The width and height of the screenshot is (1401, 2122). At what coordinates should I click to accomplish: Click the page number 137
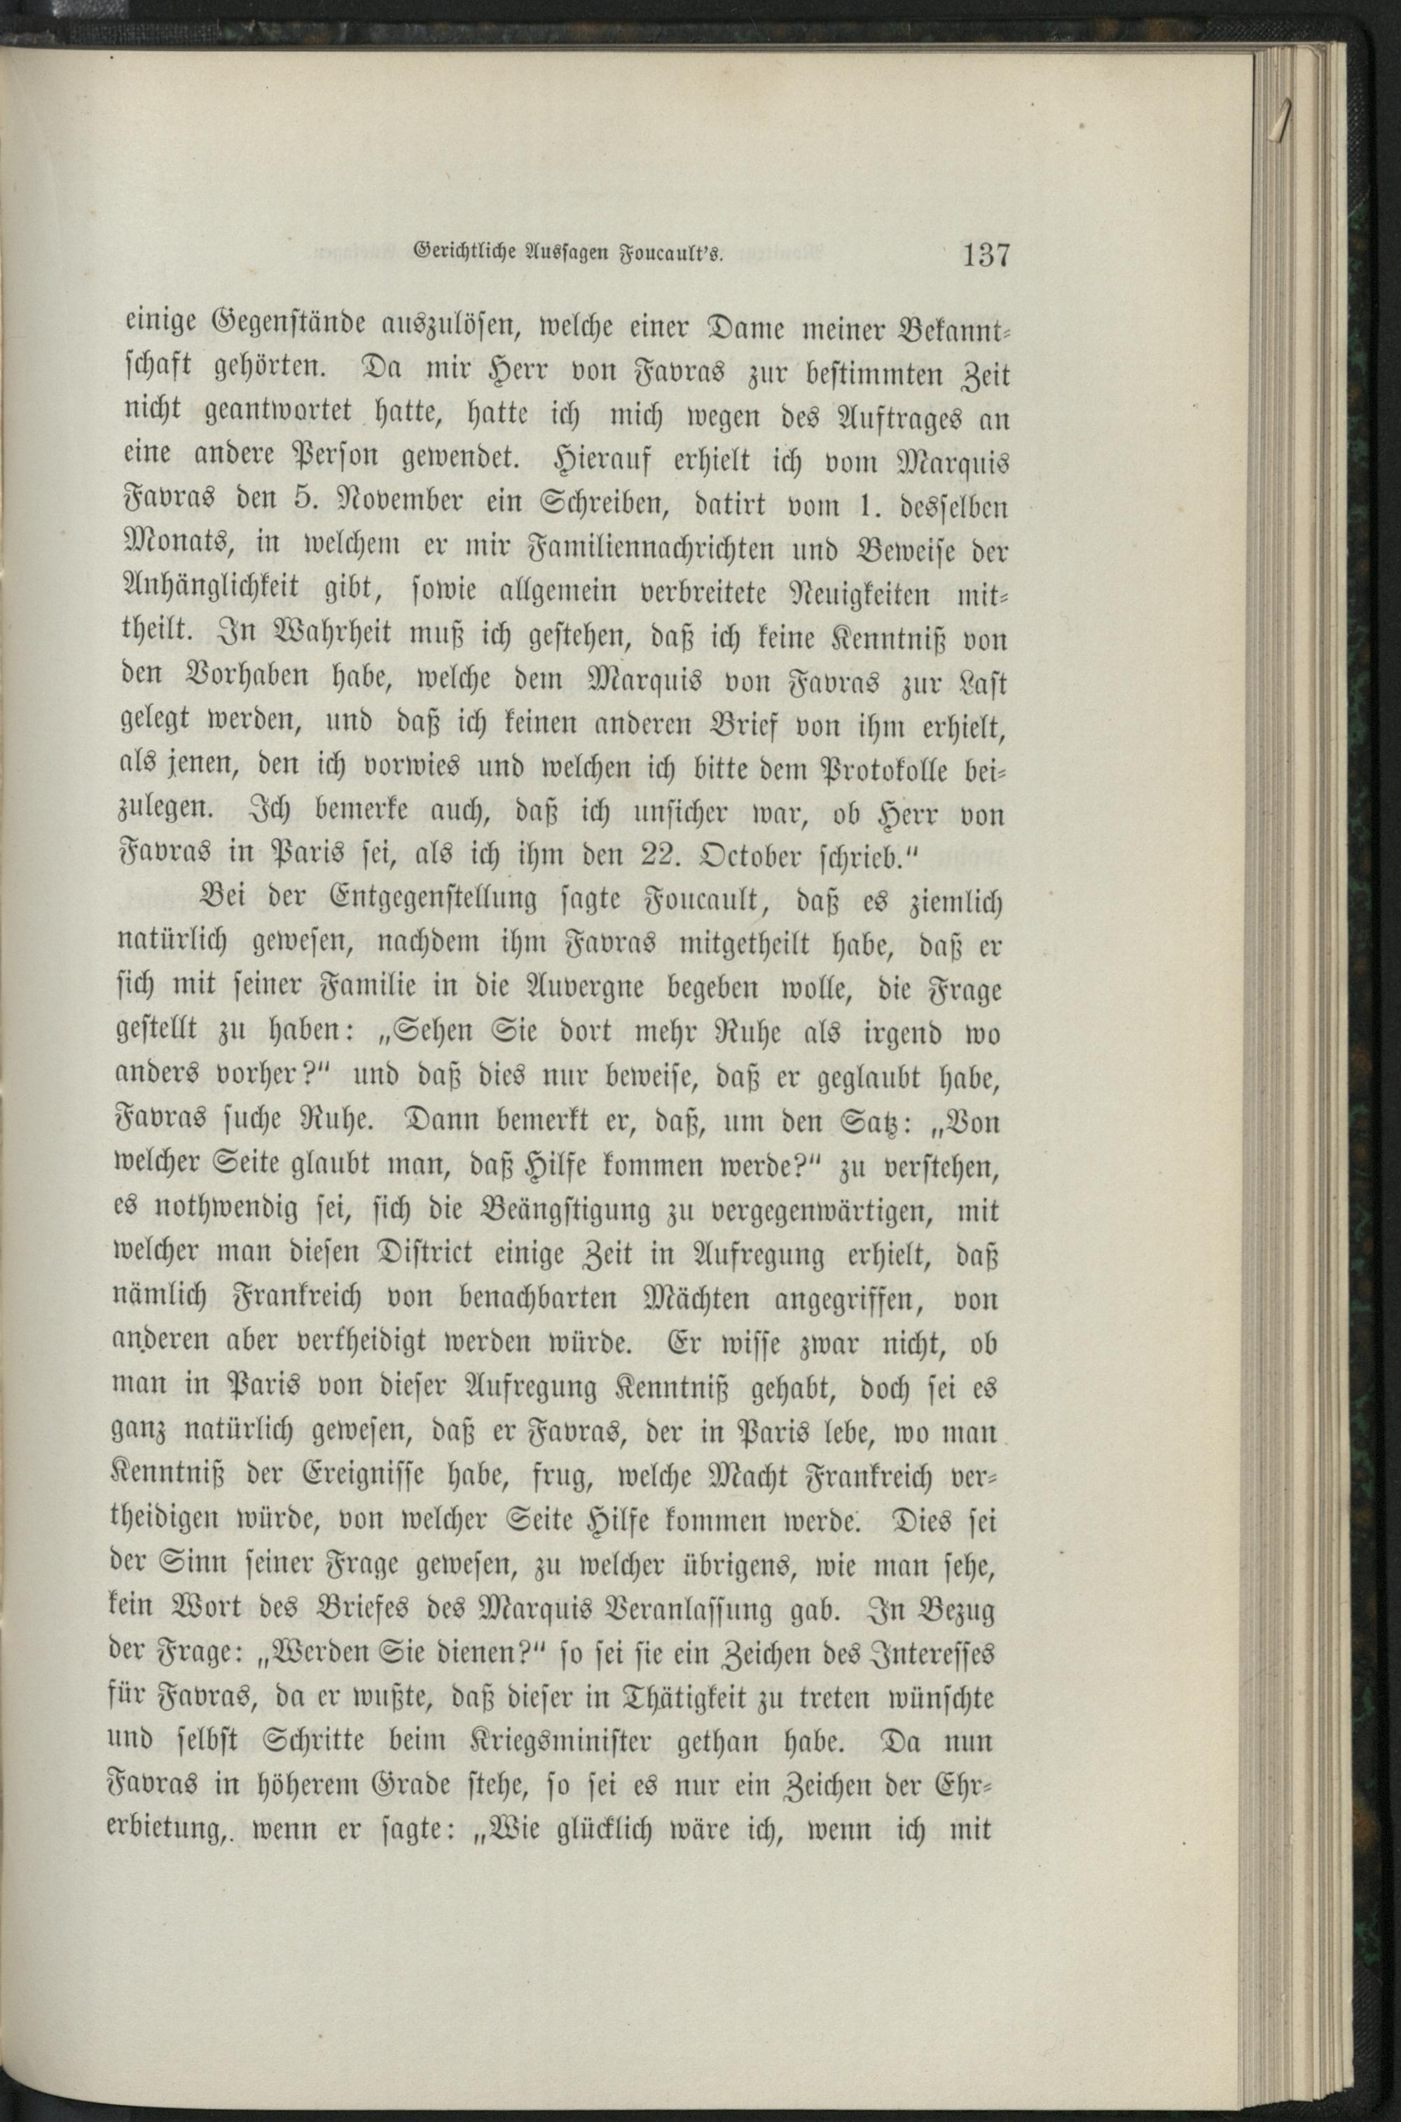[986, 256]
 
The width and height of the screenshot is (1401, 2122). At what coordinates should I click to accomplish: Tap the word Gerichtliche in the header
[464, 254]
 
